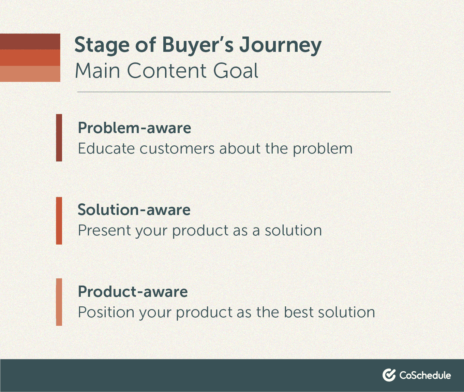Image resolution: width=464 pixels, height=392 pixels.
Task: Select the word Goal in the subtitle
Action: coord(236,71)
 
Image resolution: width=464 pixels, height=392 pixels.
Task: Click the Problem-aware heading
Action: coord(134,128)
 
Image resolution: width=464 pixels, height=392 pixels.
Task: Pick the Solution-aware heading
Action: coord(134,209)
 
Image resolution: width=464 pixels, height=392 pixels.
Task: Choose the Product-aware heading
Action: coord(133,291)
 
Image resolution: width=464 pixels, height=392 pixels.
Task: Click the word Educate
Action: coord(106,148)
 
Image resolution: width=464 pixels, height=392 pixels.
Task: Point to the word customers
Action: coord(177,149)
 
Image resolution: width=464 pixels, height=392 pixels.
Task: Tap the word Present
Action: coord(104,230)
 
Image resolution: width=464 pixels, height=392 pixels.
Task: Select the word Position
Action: coord(106,312)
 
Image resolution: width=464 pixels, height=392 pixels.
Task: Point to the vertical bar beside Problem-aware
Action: coord(59,137)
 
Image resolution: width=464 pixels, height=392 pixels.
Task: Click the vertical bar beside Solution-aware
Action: coord(59,221)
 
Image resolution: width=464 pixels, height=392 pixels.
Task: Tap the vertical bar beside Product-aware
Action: coord(59,302)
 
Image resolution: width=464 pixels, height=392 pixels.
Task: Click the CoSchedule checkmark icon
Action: coord(389,375)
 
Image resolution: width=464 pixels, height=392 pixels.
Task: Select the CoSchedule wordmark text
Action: coord(425,375)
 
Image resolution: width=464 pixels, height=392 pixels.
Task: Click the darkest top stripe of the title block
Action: coord(30,42)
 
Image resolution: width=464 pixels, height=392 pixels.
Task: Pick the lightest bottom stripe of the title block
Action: coord(30,74)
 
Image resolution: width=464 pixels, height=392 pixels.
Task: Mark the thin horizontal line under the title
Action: coord(234,92)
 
